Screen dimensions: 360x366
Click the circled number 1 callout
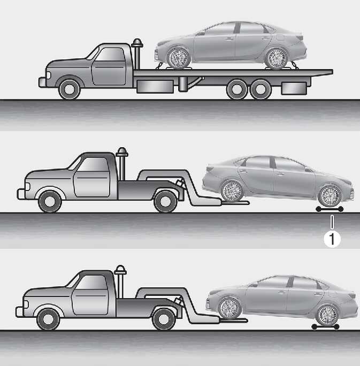[332, 239]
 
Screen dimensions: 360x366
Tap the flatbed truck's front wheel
[70, 89]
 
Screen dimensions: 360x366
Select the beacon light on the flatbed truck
[137, 43]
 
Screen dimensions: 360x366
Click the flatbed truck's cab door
[109, 66]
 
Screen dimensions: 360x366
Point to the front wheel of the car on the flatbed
[179, 58]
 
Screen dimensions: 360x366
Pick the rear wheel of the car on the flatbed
[277, 58]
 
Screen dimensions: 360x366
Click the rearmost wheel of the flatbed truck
[261, 89]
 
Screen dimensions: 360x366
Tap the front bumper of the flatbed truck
[42, 82]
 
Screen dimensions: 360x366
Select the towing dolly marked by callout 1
[330, 209]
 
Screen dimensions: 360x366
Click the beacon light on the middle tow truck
[122, 152]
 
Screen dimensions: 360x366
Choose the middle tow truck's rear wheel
[165, 201]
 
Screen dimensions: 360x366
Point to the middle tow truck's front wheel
[50, 201]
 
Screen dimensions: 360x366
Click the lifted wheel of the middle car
[232, 191]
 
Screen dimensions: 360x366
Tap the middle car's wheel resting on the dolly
[330, 196]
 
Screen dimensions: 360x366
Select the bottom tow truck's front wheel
[48, 319]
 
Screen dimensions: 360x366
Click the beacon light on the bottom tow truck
[120, 270]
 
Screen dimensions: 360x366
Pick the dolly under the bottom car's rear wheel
[325, 327]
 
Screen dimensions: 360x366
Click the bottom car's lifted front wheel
[229, 308]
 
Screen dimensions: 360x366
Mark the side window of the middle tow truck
[94, 165]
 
